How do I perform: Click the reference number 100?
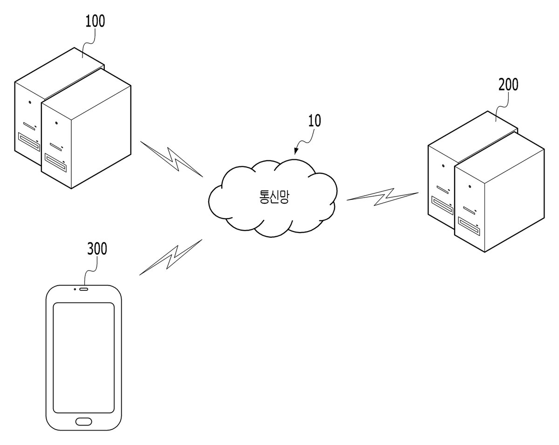(x=95, y=21)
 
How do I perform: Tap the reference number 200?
(x=508, y=84)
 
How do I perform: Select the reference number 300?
(x=97, y=248)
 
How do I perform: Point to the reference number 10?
(x=314, y=121)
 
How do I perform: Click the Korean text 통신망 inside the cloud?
(x=274, y=197)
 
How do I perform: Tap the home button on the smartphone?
(x=84, y=421)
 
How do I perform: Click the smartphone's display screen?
(x=84, y=358)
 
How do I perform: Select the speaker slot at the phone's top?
(x=84, y=289)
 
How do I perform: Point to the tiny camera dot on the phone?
(x=75, y=289)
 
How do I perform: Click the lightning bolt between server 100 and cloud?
(x=172, y=159)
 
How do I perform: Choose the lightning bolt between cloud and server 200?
(x=382, y=197)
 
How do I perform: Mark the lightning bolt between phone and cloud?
(x=171, y=257)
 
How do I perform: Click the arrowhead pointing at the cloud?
(x=296, y=151)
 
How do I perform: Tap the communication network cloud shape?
(x=273, y=198)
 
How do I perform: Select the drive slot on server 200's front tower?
(x=469, y=226)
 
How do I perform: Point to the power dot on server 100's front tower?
(x=56, y=123)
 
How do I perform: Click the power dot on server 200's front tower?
(x=470, y=186)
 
